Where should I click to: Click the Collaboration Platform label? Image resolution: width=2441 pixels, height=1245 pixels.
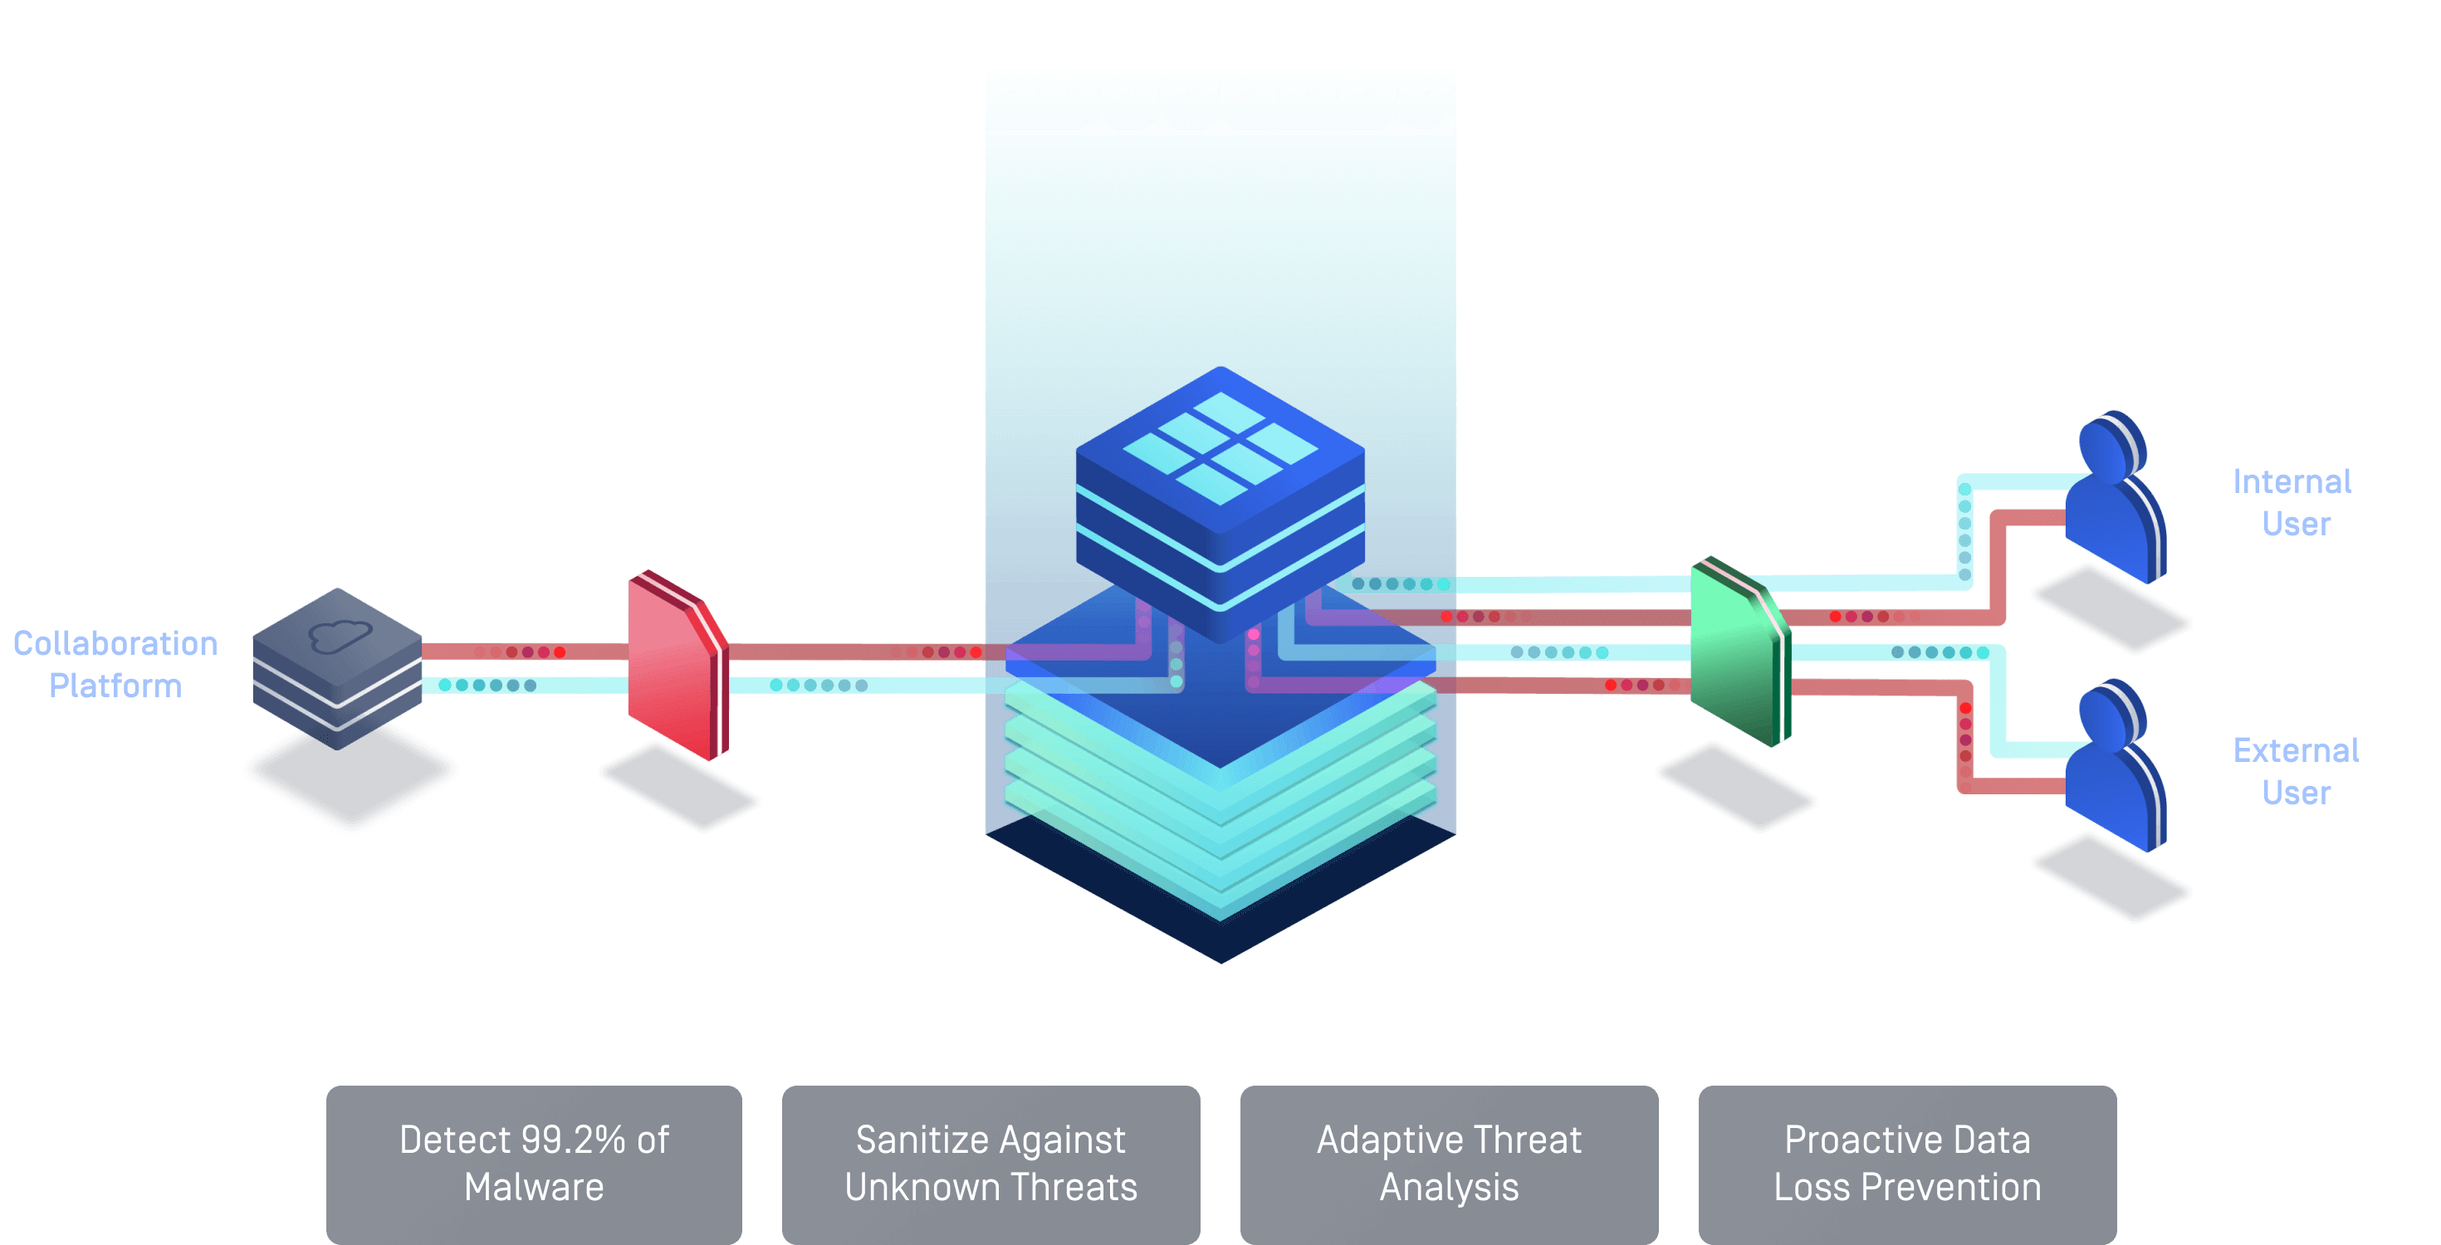tap(115, 664)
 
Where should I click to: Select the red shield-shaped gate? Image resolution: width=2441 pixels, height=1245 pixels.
tap(677, 667)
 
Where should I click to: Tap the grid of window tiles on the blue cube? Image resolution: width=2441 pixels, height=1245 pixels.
tap(1220, 447)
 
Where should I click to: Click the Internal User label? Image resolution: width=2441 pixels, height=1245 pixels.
tap(2292, 502)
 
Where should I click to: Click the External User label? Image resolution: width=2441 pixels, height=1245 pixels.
tap(2295, 770)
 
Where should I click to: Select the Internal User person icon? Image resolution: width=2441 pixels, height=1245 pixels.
tap(2115, 502)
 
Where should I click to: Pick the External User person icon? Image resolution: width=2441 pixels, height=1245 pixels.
tap(2115, 769)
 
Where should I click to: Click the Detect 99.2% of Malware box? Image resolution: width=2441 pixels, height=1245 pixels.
tap(534, 1164)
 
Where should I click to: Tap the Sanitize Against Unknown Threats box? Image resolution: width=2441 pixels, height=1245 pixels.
tap(991, 1164)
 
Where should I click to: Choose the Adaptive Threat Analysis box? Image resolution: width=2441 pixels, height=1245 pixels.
tap(1449, 1164)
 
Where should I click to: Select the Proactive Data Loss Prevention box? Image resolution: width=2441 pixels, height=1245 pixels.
tap(1906, 1164)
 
